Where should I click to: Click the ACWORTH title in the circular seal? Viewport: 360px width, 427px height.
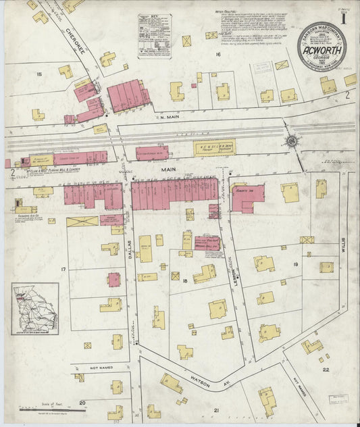point(322,48)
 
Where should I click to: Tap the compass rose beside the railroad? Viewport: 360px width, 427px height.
point(292,141)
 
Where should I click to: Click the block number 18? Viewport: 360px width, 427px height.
point(184,279)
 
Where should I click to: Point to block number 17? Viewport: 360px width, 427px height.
point(63,270)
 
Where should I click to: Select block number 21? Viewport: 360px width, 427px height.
point(217,410)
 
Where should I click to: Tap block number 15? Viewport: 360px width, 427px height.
point(39,74)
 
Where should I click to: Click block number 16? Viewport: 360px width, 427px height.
point(218,53)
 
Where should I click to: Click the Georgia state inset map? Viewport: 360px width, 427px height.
point(35,308)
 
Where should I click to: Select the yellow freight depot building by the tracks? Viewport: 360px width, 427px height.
point(214,148)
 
